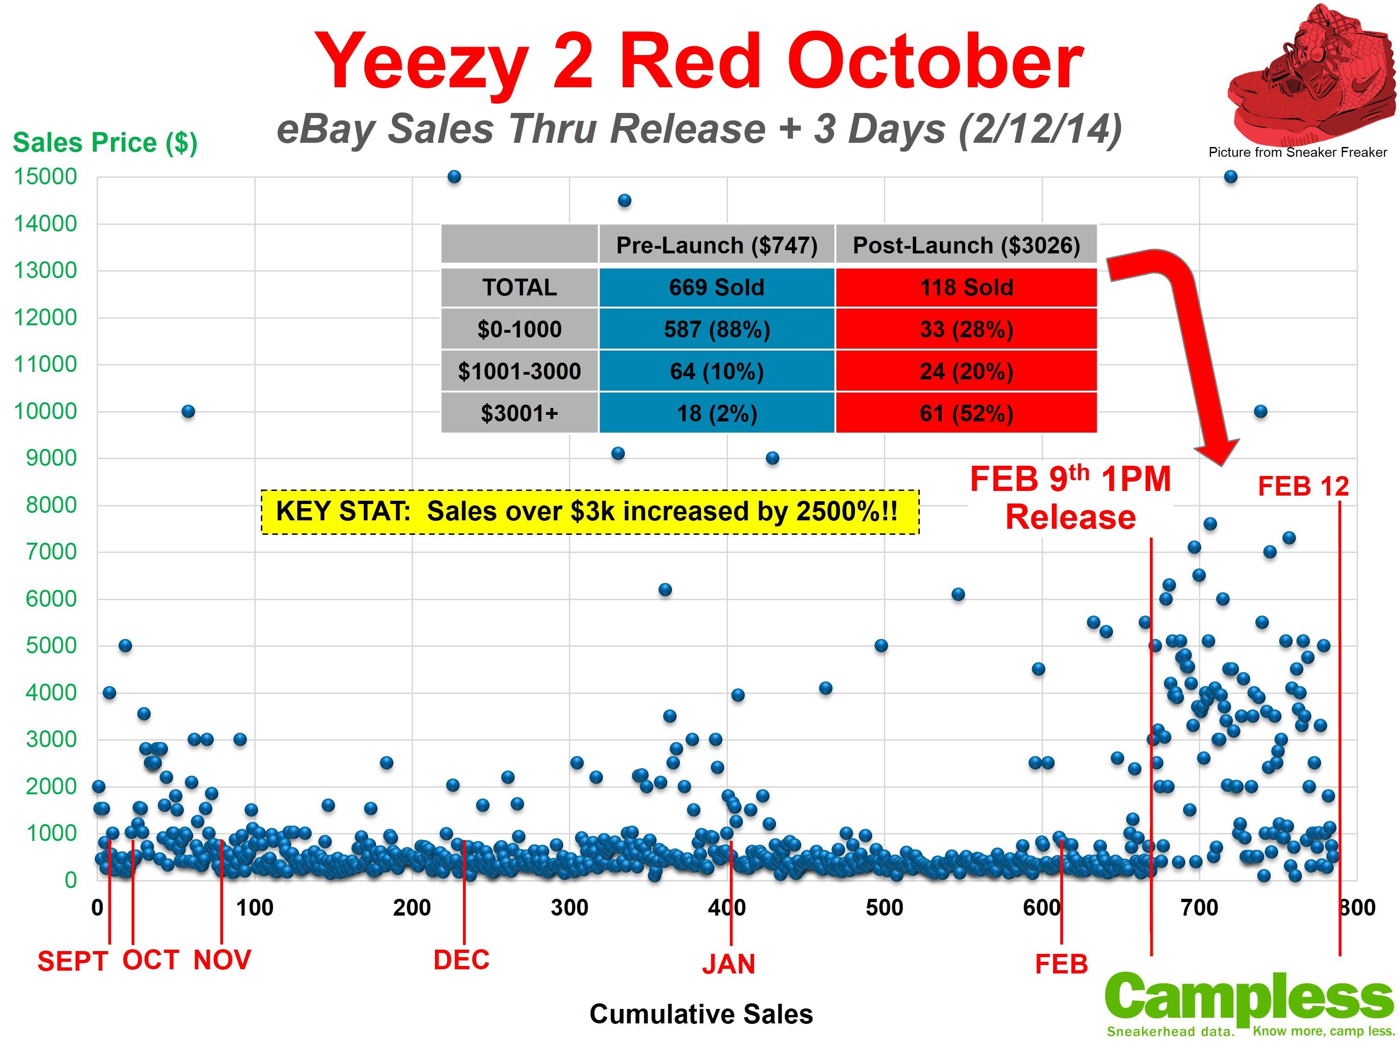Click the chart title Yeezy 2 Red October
pyautogui.click(x=698, y=62)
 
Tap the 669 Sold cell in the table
pyautogui.click(x=716, y=287)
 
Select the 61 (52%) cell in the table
pyautogui.click(x=966, y=413)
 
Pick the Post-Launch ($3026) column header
pyautogui.click(x=966, y=245)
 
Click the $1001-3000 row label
pyautogui.click(x=519, y=371)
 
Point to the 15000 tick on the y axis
pyautogui.click(x=46, y=176)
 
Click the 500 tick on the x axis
pyautogui.click(x=884, y=908)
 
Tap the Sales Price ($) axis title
pyautogui.click(x=105, y=142)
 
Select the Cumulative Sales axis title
pyautogui.click(x=700, y=1014)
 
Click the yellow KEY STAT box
pyautogui.click(x=589, y=511)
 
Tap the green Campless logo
pyautogui.click(x=1250, y=1003)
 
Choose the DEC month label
pyautogui.click(x=462, y=960)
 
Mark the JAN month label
pyautogui.click(x=728, y=965)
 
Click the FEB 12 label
pyautogui.click(x=1303, y=487)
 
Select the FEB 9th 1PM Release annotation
pyautogui.click(x=1070, y=498)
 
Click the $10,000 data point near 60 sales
pyautogui.click(x=188, y=412)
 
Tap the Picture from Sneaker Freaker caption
pyautogui.click(x=1297, y=152)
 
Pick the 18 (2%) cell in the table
pyautogui.click(x=716, y=413)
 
